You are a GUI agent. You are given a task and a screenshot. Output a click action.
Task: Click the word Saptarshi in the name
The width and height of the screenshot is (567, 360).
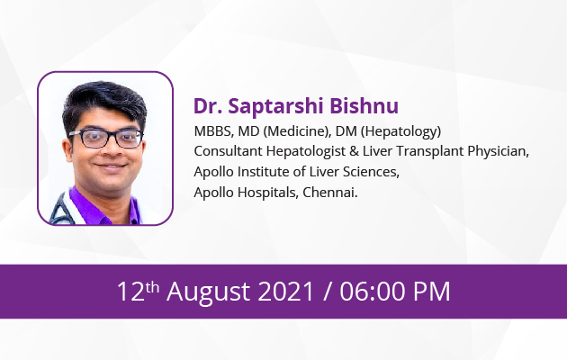click(275, 106)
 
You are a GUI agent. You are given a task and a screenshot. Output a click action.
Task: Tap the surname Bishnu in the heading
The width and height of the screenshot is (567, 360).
click(364, 105)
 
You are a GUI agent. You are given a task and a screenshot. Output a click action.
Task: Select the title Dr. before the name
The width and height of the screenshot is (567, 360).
click(208, 106)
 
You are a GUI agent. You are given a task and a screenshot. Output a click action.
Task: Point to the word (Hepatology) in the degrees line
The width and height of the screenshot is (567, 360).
click(400, 131)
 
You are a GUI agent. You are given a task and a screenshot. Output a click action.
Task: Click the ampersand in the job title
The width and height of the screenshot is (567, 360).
click(354, 151)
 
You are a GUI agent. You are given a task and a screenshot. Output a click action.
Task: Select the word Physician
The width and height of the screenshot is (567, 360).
click(498, 151)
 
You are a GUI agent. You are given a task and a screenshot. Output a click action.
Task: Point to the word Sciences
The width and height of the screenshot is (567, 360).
click(371, 172)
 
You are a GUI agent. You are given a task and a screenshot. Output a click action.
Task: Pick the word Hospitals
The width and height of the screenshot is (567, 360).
click(267, 193)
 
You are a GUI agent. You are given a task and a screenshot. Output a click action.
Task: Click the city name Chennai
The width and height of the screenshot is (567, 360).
click(329, 193)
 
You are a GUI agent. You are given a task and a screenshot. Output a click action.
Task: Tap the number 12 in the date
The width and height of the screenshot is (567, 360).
click(130, 292)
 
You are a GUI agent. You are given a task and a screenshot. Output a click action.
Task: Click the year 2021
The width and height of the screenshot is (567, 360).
click(285, 292)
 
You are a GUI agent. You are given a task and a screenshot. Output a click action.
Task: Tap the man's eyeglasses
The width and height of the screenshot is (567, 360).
click(106, 138)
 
